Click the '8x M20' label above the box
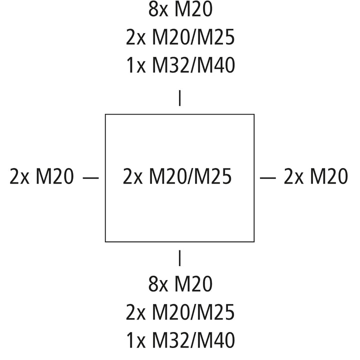180,9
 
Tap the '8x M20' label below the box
180,284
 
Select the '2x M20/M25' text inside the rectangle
177,176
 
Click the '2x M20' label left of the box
41,176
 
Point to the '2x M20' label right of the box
316,176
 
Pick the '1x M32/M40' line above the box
180,65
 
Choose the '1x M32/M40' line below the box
180,340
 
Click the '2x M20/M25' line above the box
180,37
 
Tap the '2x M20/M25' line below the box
180,312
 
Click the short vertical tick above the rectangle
180,98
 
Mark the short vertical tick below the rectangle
180,258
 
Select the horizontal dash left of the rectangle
90,177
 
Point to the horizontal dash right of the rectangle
268,177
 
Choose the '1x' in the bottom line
136,340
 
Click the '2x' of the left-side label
19,176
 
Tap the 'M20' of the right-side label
329,176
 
